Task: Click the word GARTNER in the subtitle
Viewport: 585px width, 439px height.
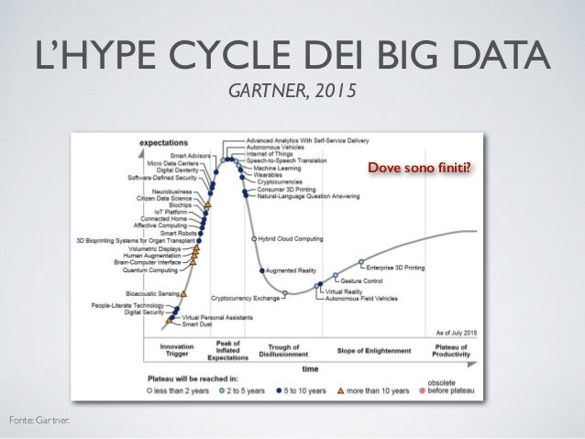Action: (x=266, y=93)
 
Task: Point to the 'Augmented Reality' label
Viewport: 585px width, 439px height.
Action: (x=291, y=271)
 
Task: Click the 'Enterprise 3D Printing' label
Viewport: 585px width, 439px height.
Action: (x=395, y=268)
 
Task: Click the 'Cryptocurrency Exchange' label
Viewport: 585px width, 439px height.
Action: (x=245, y=298)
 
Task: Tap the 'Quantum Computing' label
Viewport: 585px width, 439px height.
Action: (x=151, y=270)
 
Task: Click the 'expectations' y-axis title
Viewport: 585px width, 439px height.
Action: (x=163, y=143)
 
